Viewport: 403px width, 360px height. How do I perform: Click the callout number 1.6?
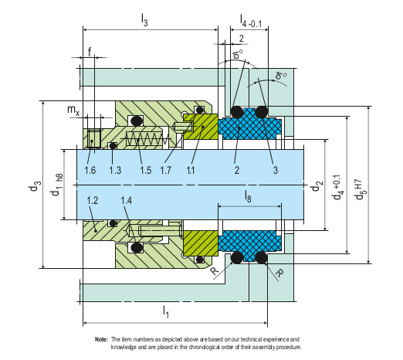[90, 170]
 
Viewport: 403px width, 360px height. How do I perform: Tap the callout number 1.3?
[115, 170]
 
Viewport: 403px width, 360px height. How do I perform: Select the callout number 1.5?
[145, 170]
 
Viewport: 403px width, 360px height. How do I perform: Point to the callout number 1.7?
[165, 170]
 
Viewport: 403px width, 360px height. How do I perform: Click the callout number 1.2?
[93, 200]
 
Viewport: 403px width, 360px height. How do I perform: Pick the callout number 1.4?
[127, 200]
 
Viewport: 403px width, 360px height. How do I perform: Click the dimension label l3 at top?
[144, 20]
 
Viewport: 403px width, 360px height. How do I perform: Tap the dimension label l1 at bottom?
[166, 311]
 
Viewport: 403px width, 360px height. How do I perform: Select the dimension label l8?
[248, 196]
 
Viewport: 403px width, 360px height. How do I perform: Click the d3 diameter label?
[34, 186]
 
